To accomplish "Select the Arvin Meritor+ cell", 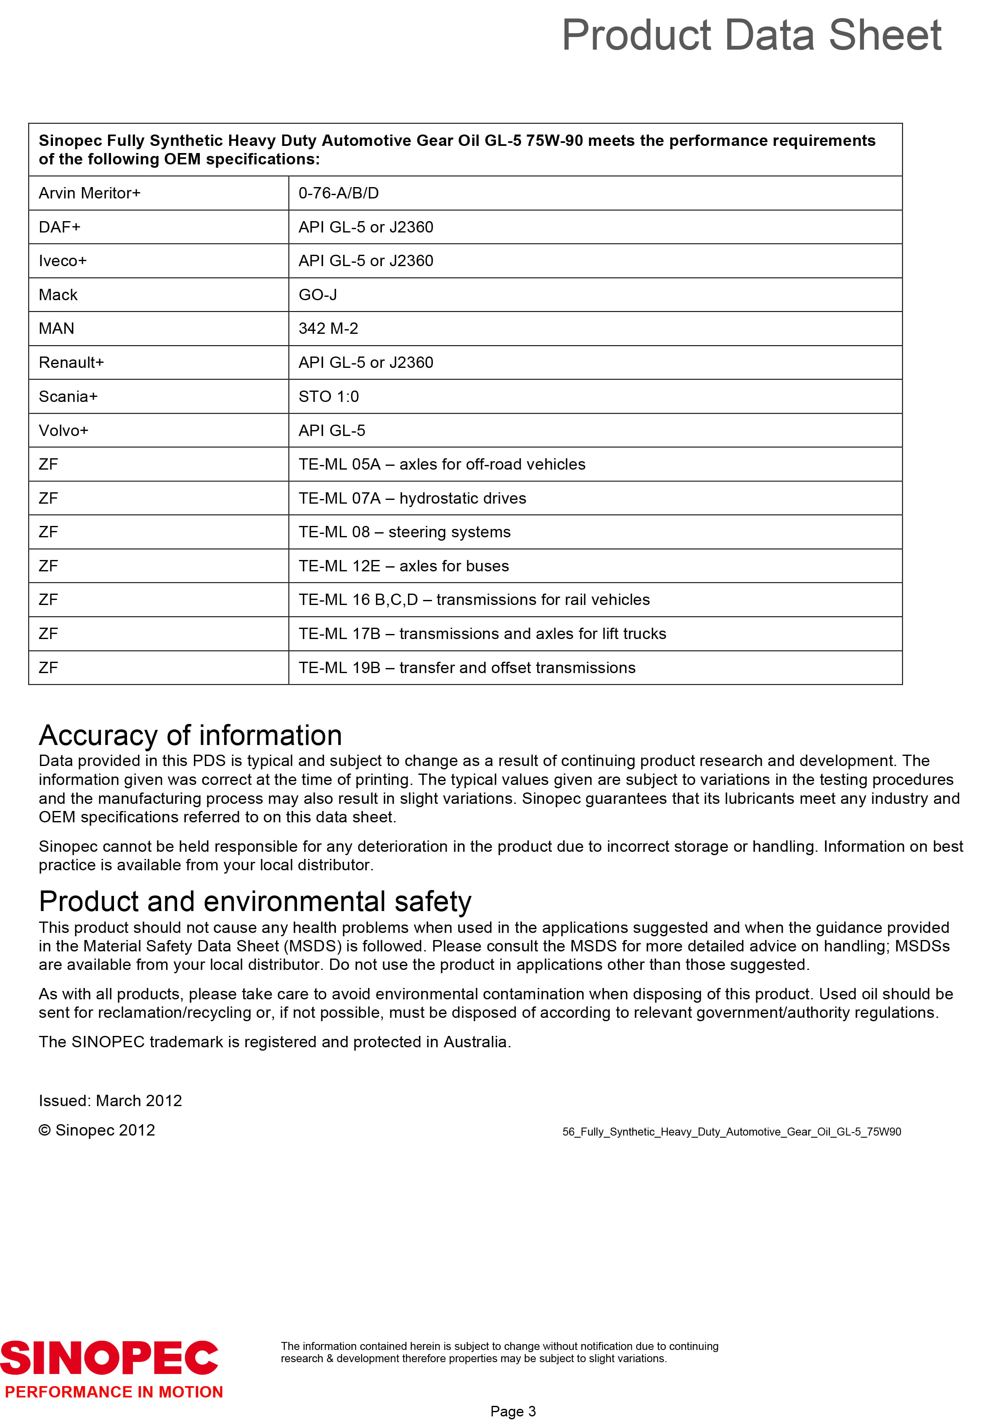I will [x=90, y=193].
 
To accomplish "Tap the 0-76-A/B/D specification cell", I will [x=339, y=193].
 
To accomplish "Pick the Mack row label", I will [x=58, y=295].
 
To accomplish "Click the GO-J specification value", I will [x=318, y=295].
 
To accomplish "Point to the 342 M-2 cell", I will [x=328, y=329].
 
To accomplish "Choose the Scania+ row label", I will [x=68, y=397].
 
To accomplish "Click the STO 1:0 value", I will [x=328, y=397].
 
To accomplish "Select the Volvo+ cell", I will [x=64, y=431].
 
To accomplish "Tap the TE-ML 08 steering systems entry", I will [x=404, y=532].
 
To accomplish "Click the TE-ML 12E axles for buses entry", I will [x=404, y=566].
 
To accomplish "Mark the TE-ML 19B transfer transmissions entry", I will [x=467, y=668].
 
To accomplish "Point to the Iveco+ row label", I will [x=63, y=261].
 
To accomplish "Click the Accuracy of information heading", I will [x=190, y=735].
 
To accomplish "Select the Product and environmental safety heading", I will [x=255, y=902].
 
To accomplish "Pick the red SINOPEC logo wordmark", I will [x=109, y=1358].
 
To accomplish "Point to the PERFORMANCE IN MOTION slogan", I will [x=114, y=1392].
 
